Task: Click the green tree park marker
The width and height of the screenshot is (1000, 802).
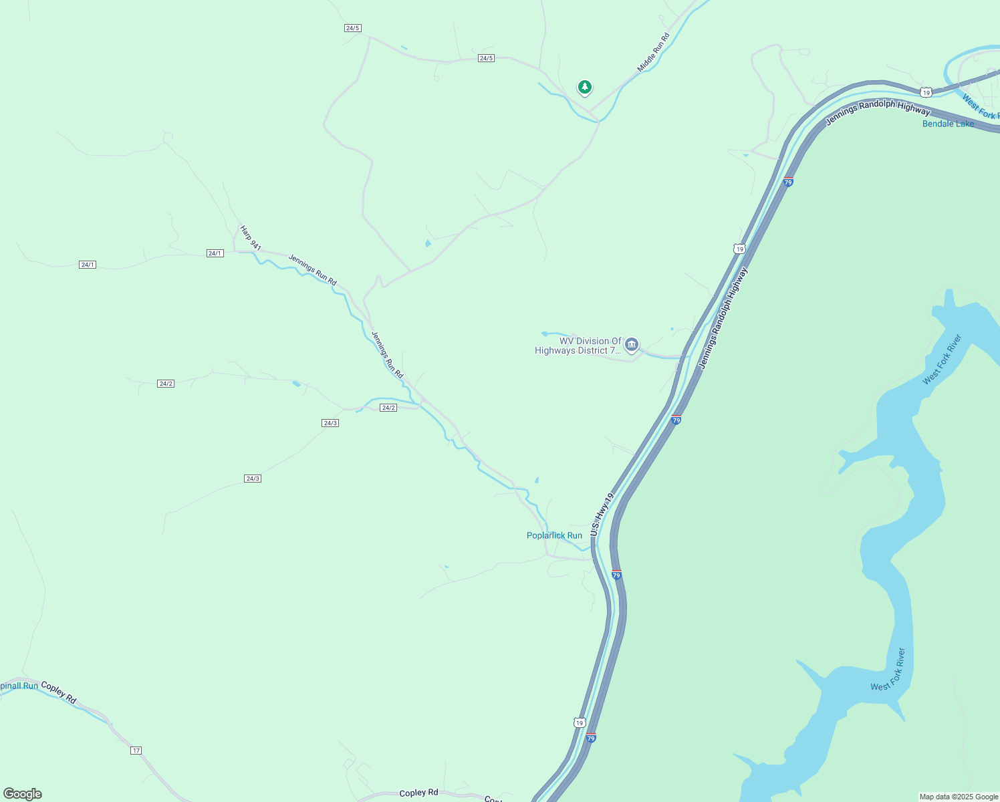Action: (585, 87)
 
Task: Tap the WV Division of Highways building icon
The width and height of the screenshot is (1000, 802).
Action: (632, 345)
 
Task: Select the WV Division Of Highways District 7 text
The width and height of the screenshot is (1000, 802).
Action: (579, 346)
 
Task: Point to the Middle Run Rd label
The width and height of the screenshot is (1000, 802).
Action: (653, 53)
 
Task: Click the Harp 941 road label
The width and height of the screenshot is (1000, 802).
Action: (250, 238)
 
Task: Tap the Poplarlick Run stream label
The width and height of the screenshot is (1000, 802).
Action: (554, 535)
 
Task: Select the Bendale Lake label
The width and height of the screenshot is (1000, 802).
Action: (948, 124)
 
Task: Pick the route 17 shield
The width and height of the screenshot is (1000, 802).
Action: (136, 751)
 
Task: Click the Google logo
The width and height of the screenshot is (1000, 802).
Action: (22, 794)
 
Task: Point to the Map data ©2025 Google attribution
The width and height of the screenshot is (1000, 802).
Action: (959, 797)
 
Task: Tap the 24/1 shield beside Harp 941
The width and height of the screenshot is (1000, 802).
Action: (215, 253)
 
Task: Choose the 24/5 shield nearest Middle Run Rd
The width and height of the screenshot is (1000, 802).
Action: (486, 58)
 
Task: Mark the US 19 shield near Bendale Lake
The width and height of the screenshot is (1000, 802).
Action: (925, 92)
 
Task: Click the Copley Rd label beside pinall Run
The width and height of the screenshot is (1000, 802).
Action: (59, 692)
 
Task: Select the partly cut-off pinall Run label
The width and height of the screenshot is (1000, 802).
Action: (19, 686)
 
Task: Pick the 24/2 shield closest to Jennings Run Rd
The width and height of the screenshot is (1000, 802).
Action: (388, 408)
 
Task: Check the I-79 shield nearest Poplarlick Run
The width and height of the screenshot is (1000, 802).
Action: (616, 575)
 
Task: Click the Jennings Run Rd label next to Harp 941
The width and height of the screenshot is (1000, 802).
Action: (312, 269)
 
